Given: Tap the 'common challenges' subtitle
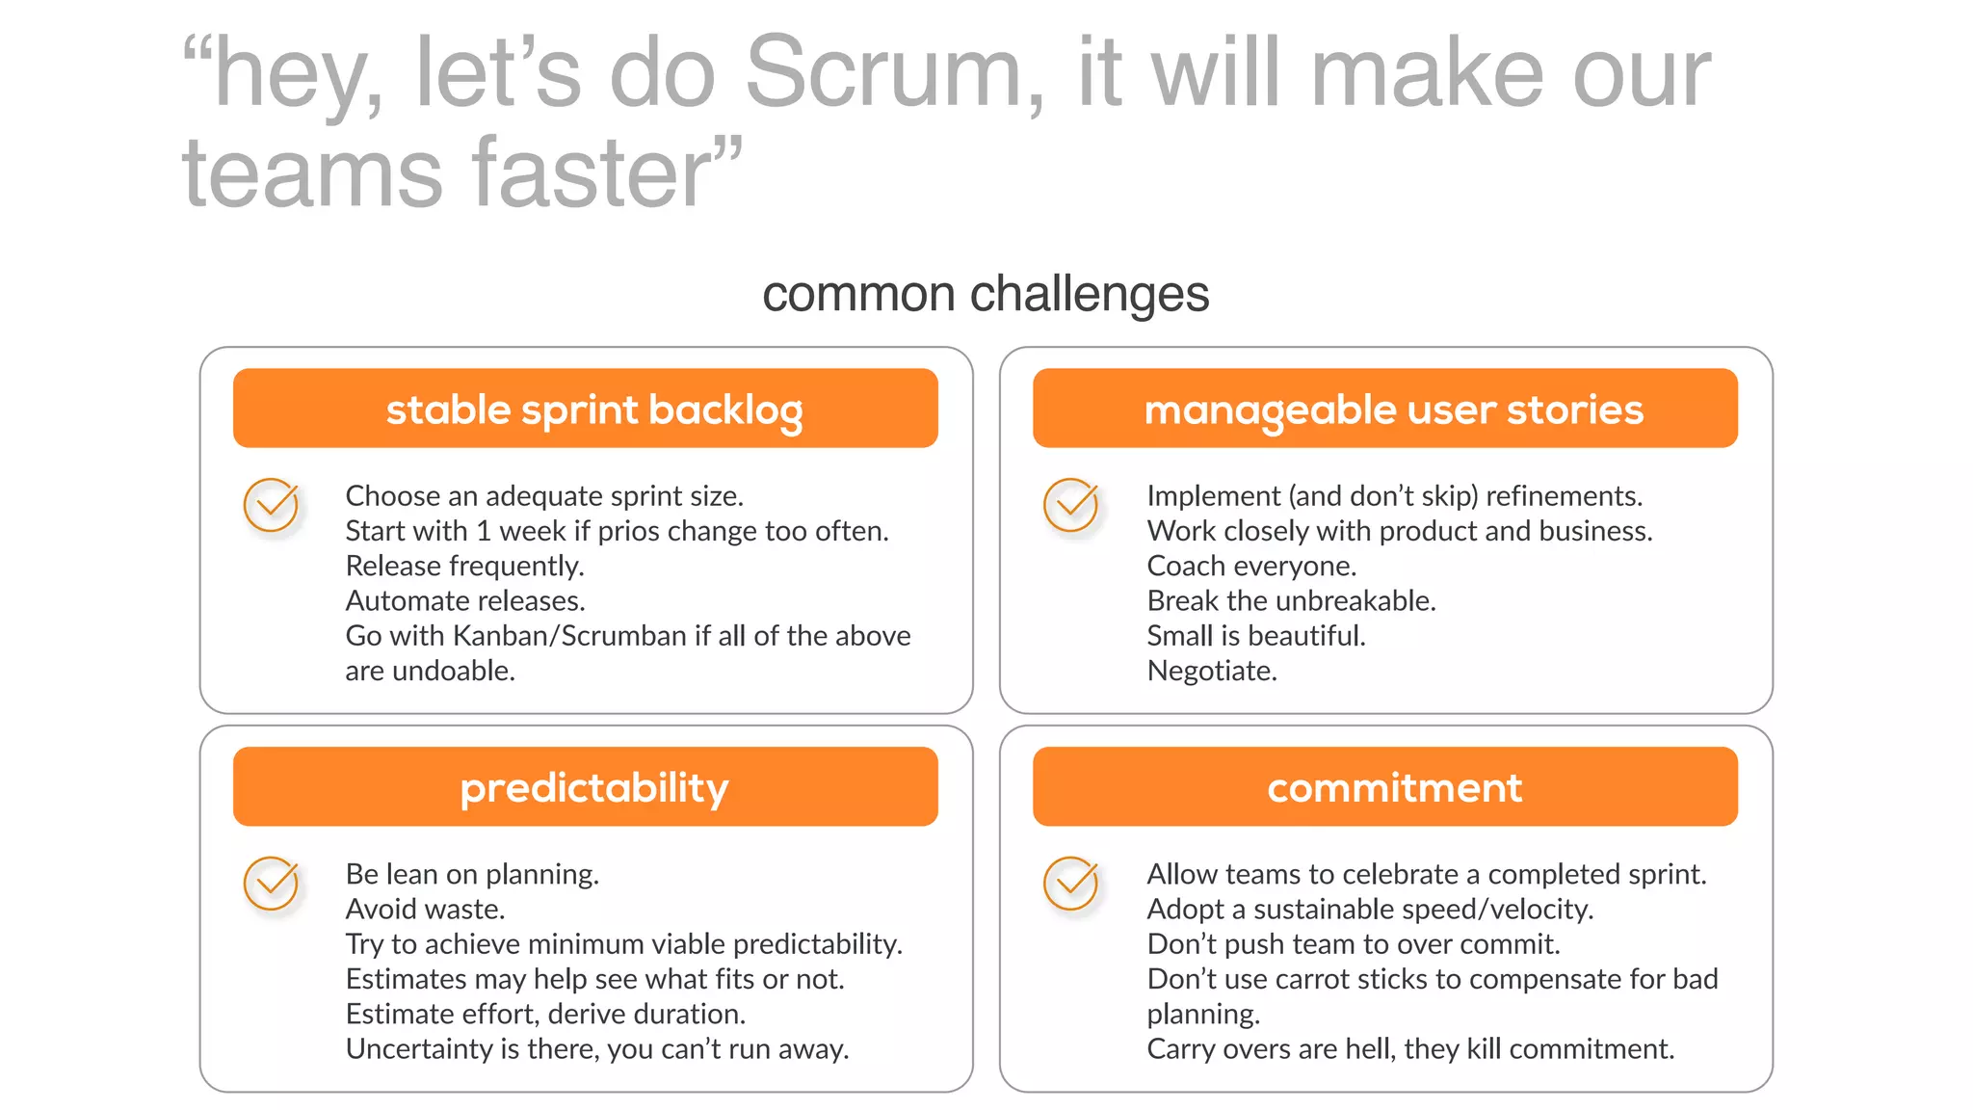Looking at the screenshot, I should pyautogui.click(x=985, y=294).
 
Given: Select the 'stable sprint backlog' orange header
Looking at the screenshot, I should pyautogui.click(x=586, y=409).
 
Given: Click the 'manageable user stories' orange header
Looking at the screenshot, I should pyautogui.click(x=1385, y=409).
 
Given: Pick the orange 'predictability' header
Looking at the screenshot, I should pyautogui.click(x=586, y=787).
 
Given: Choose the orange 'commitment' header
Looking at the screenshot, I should pyautogui.click(x=1385, y=787).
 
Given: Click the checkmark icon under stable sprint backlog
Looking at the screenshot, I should pyautogui.click(x=272, y=504).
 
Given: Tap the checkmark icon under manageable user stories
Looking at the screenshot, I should pyautogui.click(x=1071, y=504).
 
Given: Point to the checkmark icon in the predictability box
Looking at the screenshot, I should pyautogui.click(x=272, y=883).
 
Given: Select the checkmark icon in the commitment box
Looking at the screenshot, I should pyautogui.click(x=1071, y=883).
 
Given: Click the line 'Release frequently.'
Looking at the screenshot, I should pyautogui.click(x=464, y=566).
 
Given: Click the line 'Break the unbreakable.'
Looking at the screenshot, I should pyautogui.click(x=1291, y=601).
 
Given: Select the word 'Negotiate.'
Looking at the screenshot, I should pyautogui.click(x=1212, y=671).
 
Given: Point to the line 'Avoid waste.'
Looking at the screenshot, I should pyautogui.click(x=425, y=909).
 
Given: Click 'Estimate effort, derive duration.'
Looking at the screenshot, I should pyautogui.click(x=545, y=1014).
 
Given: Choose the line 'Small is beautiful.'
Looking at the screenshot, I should pyautogui.click(x=1256, y=636).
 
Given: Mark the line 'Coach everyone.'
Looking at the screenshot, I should pyautogui.click(x=1251, y=566).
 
